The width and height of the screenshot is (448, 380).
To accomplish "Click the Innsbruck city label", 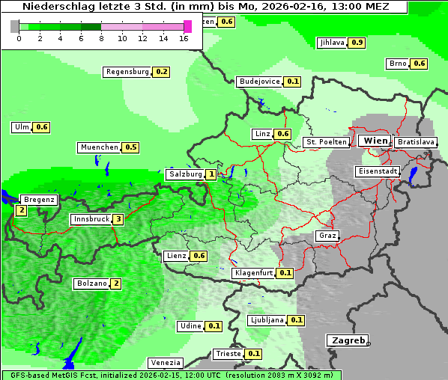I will pos(90,220).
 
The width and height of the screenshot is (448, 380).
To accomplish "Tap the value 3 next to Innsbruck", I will pos(118,220).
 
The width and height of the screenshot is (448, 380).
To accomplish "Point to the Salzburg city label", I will pos(186,174).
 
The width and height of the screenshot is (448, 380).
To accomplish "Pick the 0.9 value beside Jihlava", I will pos(357,43).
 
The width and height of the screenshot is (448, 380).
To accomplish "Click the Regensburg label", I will pos(127,72).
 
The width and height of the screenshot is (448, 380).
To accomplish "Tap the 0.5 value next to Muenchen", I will pos(131,147).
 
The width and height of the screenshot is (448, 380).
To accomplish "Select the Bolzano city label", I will pos(91,284).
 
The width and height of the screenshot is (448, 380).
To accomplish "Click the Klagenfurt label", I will pos(252,273).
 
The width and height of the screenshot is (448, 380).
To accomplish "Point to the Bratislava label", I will pos(415,141).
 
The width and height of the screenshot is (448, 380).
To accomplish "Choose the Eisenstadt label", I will pos(376,171).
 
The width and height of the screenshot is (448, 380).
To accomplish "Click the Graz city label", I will pos(327,236).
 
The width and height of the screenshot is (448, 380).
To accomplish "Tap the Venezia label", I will pos(165,363).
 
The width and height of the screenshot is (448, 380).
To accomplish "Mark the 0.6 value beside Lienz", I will pos(199,256).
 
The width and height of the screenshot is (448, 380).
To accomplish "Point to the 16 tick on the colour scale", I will pos(184,38).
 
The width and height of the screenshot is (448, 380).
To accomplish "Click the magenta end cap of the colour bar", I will pos(187,26).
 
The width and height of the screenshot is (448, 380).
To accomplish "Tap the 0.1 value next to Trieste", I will pos(254,354).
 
